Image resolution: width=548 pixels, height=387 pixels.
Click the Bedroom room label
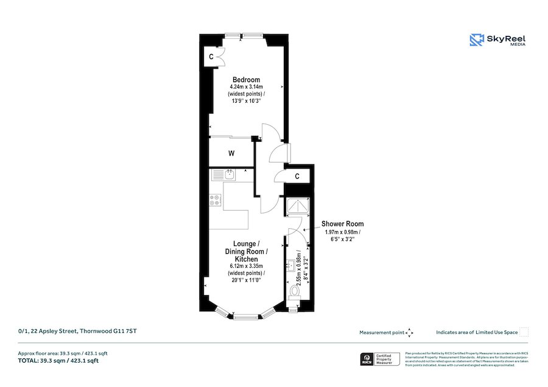pos(246,80)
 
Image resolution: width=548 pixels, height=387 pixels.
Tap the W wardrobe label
pos(231,153)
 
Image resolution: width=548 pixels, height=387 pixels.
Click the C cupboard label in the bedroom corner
pos(211,57)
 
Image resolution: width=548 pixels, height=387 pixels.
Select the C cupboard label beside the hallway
pos(297,176)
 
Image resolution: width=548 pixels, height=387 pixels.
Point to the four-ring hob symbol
pos(216,198)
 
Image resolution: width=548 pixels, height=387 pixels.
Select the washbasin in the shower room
pos(290,264)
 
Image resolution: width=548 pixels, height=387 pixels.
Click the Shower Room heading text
pos(342,224)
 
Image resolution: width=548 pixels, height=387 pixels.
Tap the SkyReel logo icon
pos(476,40)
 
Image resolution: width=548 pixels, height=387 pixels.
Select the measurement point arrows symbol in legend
pos(410,332)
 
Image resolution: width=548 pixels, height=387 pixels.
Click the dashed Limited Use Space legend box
pos(524,332)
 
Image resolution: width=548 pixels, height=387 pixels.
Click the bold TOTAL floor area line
pos(58,361)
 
